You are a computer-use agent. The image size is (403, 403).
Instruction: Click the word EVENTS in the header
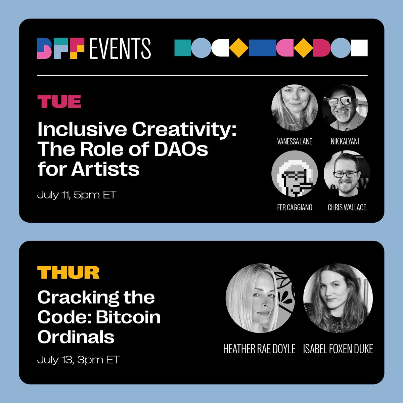[120, 48]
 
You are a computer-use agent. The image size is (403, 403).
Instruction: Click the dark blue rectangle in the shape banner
[263, 48]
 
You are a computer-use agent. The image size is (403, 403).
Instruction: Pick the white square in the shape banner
[359, 48]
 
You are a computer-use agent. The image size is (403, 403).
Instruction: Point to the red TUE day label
[59, 101]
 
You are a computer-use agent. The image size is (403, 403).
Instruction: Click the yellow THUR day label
[68, 272]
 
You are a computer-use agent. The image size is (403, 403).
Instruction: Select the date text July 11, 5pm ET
[77, 195]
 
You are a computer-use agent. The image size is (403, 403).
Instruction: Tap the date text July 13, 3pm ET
[78, 360]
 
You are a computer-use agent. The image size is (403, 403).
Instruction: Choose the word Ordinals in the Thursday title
[76, 337]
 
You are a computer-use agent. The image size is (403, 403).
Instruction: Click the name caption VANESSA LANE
[295, 141]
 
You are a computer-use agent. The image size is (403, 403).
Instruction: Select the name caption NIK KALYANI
[345, 141]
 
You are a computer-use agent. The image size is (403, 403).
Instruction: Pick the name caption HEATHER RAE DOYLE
[259, 349]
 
